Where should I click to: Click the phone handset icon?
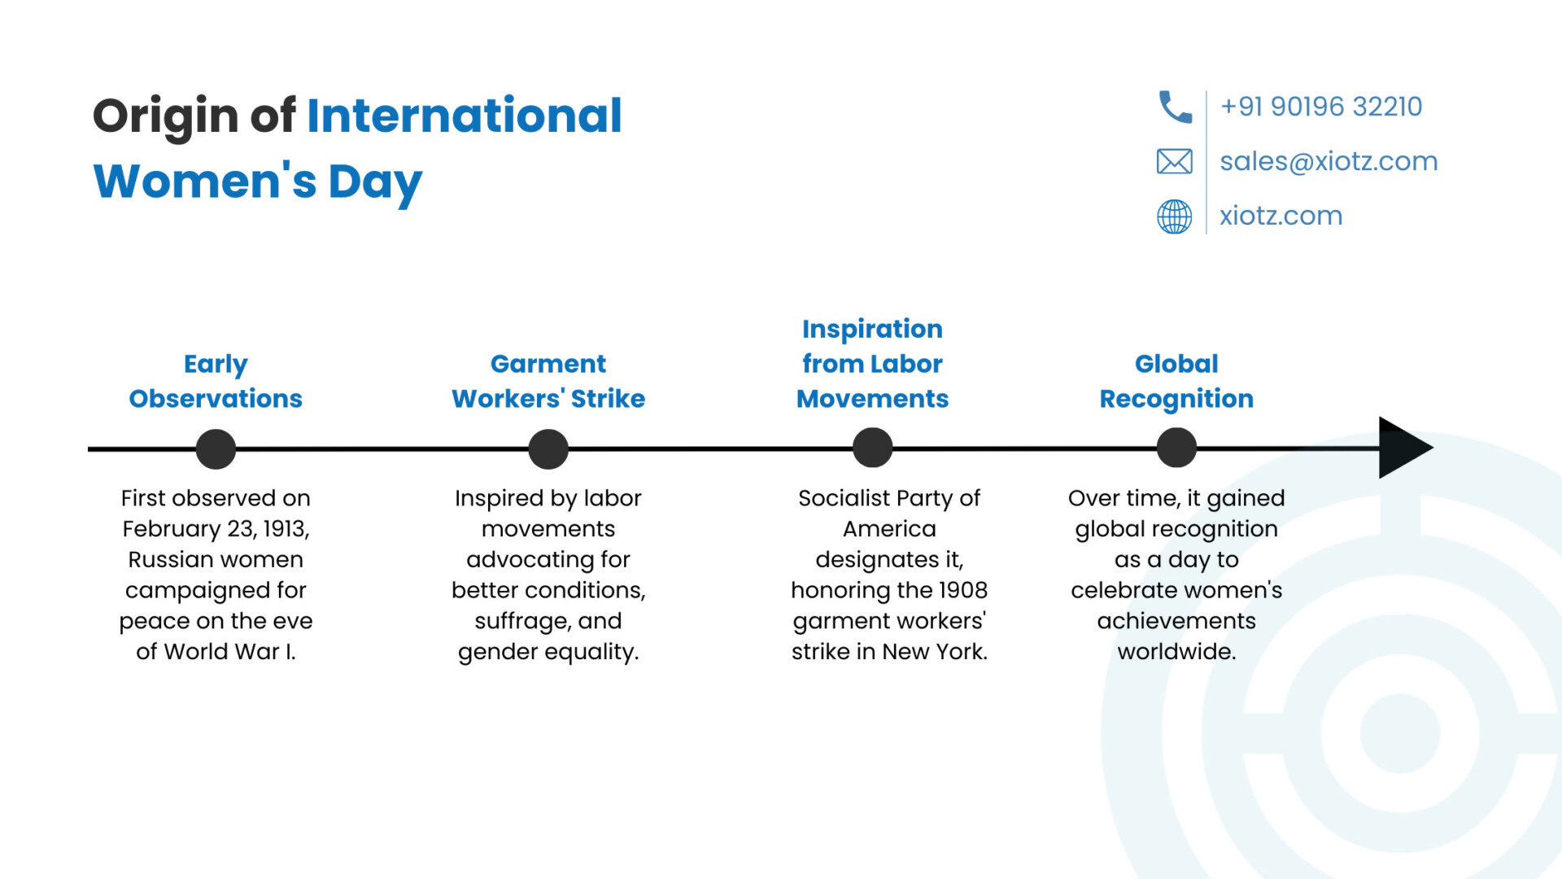tap(1175, 107)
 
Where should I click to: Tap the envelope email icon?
tap(1175, 161)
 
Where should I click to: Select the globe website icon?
tap(1175, 216)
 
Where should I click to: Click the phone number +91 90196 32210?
tap(1321, 107)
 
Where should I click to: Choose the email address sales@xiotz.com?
tap(1329, 161)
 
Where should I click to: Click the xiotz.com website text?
tap(1281, 216)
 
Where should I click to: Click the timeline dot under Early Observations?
tap(216, 448)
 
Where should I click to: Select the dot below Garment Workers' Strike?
tap(548, 448)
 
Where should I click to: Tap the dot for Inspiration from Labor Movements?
tap(873, 448)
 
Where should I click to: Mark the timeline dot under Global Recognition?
tap(1176, 448)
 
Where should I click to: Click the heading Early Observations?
tap(216, 381)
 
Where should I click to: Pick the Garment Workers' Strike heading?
tap(548, 381)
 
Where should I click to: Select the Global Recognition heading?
tap(1176, 381)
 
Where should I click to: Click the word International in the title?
tap(465, 115)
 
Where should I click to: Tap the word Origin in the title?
tap(165, 116)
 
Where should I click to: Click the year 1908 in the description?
tap(962, 590)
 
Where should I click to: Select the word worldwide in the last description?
tap(1176, 651)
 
